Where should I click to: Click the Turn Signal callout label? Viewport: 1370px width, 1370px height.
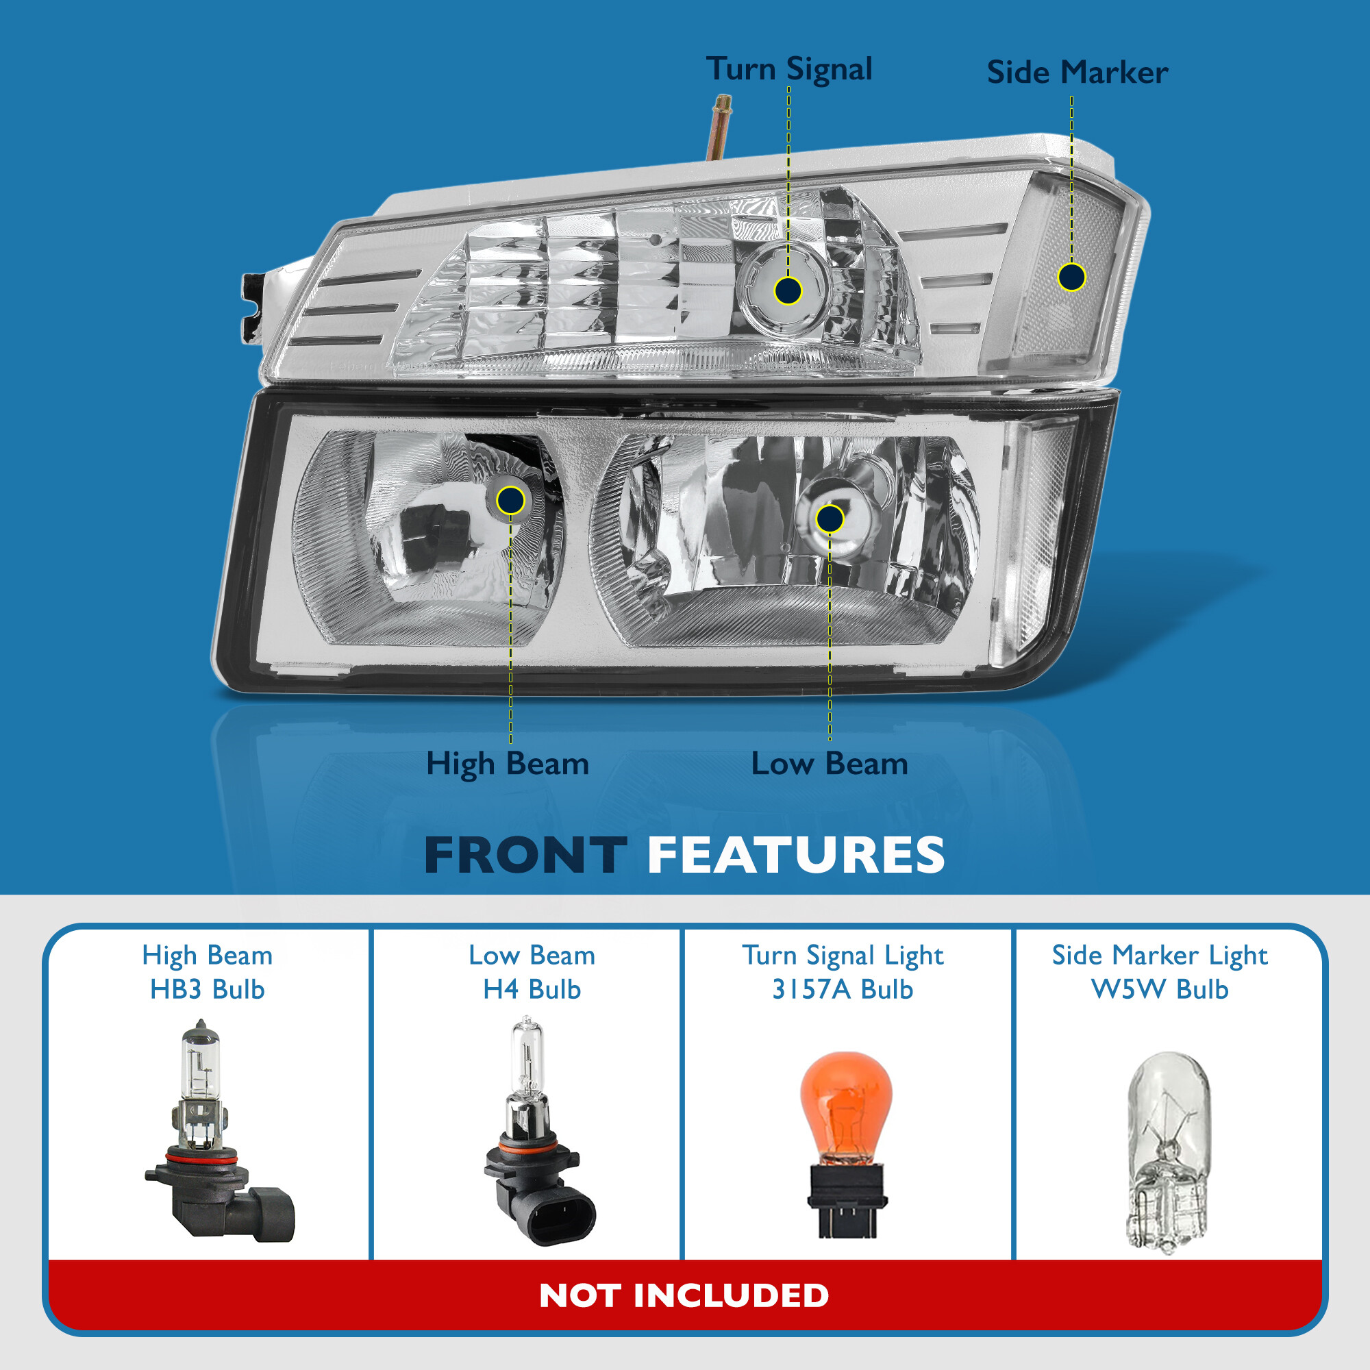pos(789,69)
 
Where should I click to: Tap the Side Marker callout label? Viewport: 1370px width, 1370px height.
pos(1076,73)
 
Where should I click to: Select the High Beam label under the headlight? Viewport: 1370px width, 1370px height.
pos(507,764)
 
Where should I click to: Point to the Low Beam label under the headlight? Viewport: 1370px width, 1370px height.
pos(829,764)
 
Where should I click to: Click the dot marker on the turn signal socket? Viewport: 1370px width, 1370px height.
pos(788,290)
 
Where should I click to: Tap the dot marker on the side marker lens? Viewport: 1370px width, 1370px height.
pos(1071,277)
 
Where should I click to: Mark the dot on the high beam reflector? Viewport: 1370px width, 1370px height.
pos(510,501)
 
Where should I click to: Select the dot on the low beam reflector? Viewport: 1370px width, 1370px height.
pos(830,519)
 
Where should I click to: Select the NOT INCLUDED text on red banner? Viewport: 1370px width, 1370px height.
pos(684,1295)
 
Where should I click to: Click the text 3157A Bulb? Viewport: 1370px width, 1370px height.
pos(843,989)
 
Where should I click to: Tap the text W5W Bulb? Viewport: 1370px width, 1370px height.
pos(1160,989)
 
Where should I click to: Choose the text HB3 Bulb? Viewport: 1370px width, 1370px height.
pos(207,989)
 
